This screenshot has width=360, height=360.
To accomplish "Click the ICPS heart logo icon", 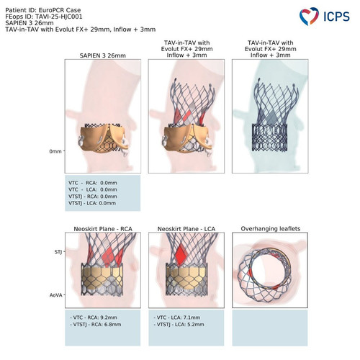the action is click(x=309, y=16).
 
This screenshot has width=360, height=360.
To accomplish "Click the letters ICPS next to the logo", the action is click(x=336, y=17).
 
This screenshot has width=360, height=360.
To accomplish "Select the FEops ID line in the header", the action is click(x=44, y=17).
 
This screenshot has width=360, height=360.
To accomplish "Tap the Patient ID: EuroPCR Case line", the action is click(x=43, y=10).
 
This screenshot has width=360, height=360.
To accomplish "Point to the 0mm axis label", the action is click(x=55, y=151).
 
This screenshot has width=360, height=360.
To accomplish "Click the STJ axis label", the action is click(x=58, y=252).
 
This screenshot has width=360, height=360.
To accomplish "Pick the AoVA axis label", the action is click(x=56, y=295).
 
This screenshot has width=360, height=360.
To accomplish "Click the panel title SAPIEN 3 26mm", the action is click(x=103, y=55).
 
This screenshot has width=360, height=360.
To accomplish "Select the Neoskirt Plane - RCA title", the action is click(x=103, y=229).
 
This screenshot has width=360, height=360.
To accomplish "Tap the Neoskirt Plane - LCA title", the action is click(x=186, y=229).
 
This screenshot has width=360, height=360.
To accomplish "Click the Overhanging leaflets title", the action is click(x=271, y=229).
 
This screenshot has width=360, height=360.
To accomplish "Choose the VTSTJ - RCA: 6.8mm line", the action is click(x=96, y=325).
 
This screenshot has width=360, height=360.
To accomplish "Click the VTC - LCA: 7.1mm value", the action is click(x=178, y=318).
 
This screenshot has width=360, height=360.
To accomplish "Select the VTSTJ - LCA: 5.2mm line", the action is click(x=179, y=325).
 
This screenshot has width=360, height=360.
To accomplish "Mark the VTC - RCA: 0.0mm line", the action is click(x=93, y=183).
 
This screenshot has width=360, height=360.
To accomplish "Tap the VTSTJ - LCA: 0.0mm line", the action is click(x=92, y=203).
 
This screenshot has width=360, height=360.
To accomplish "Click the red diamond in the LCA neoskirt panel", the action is click(x=180, y=254).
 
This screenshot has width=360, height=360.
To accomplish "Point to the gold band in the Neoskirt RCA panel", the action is click(x=102, y=274).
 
